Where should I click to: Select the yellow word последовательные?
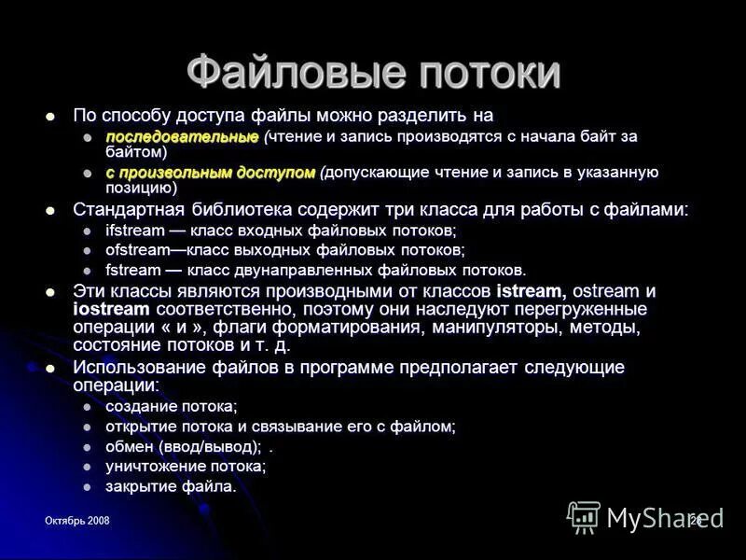pos(181,137)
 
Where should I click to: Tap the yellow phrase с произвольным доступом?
pos(210,173)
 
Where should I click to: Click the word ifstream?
pos(133,231)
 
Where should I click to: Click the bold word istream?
pos(531,291)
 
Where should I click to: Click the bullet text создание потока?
pos(171,406)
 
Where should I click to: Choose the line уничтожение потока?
pos(186,466)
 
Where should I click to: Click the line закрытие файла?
pos(171,485)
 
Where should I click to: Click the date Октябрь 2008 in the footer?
pos(76,520)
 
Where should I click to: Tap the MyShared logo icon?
pos(584,516)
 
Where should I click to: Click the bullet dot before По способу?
pos(52,117)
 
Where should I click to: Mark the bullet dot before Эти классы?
pos(52,292)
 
